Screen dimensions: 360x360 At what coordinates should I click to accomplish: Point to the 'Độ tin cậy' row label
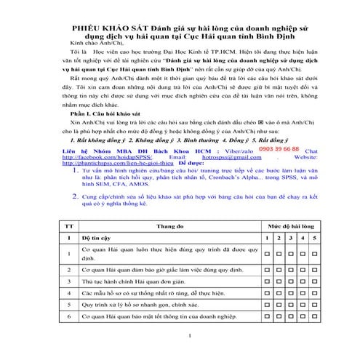click(x=96, y=238)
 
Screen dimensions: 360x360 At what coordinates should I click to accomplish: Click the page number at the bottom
click(x=188, y=335)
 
